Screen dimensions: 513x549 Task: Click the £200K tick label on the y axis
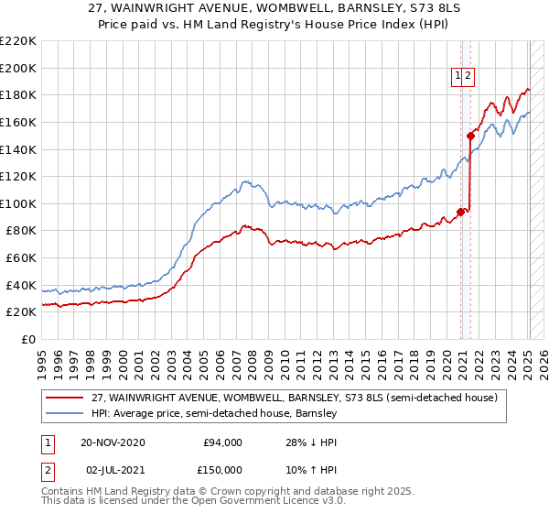click(x=18, y=68)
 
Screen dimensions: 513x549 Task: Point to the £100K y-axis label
click(x=18, y=203)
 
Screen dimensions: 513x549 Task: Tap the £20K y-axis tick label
click(x=21, y=312)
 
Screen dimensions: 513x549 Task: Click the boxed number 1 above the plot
click(x=457, y=77)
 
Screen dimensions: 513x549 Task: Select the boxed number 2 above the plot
click(x=468, y=77)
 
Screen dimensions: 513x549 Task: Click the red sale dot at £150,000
click(x=470, y=136)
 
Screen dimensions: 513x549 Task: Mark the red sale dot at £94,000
click(x=460, y=212)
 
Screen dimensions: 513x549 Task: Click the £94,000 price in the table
click(x=222, y=442)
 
